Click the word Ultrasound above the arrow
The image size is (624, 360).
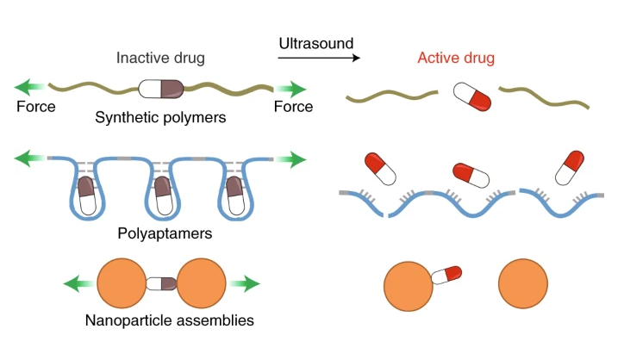(316, 42)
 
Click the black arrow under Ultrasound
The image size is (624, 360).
(317, 59)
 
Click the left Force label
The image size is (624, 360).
(36, 108)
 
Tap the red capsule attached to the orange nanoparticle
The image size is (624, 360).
(446, 275)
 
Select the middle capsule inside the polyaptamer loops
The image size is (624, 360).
(161, 195)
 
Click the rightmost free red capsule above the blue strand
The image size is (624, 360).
(571, 166)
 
